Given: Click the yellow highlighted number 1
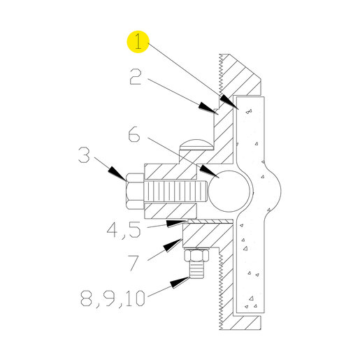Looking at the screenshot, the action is [x=138, y=42].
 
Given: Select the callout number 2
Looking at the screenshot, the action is [x=136, y=76].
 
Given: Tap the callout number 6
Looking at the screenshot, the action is [x=134, y=134].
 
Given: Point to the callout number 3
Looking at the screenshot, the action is [x=84, y=154].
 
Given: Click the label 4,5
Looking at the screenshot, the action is [x=124, y=230].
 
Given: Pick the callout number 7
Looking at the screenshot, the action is [x=134, y=263].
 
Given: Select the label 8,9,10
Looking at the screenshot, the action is [x=113, y=298].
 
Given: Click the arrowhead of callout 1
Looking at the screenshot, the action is [x=229, y=102].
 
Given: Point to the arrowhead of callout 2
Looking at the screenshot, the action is [x=208, y=108].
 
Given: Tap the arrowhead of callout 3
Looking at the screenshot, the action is [x=117, y=173].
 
